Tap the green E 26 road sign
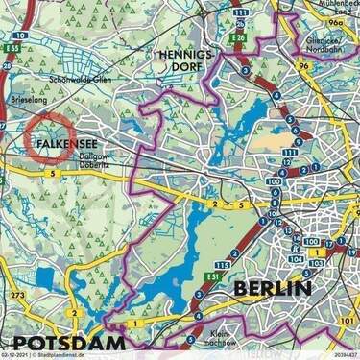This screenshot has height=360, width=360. pos(238,38)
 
